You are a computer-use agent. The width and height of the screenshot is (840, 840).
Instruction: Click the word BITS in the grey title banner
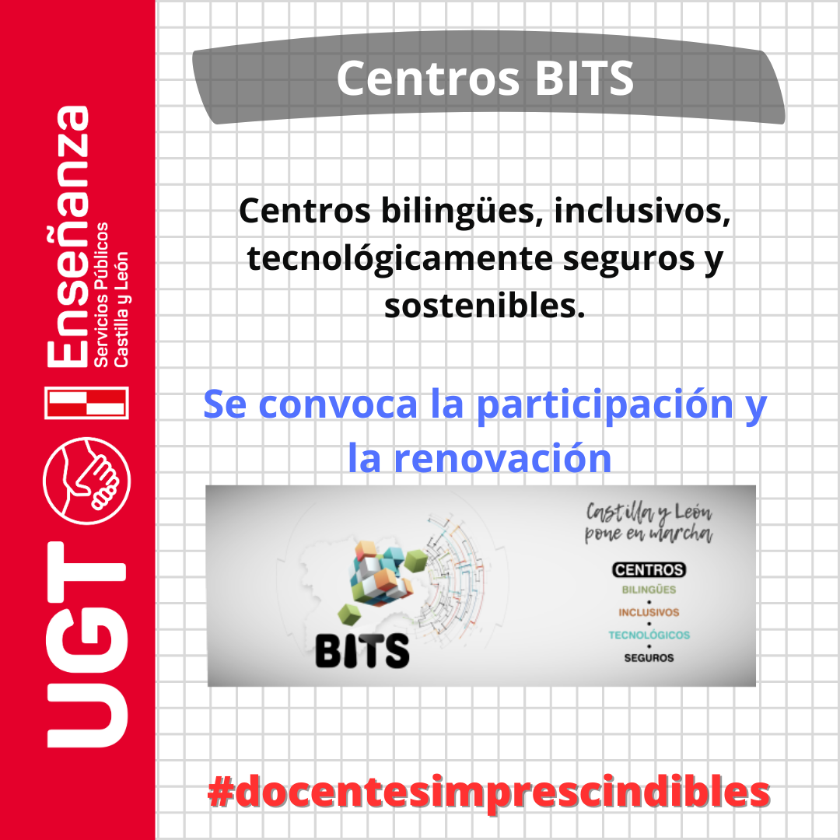click(584, 79)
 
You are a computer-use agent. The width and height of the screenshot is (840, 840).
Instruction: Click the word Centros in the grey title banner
click(429, 79)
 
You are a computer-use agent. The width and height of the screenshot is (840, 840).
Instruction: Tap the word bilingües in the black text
click(458, 212)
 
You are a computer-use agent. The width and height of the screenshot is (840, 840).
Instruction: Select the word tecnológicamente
click(399, 260)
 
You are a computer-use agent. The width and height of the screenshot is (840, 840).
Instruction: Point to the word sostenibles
click(485, 306)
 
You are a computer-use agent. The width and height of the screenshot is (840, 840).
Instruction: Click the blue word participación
click(605, 406)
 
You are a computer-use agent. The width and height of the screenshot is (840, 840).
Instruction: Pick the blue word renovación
click(503, 458)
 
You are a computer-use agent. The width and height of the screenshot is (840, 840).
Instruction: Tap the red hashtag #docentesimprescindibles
click(488, 792)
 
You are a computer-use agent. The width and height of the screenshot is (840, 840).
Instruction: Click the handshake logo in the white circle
click(86, 481)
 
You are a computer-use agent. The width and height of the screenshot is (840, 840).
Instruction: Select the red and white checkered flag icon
click(86, 402)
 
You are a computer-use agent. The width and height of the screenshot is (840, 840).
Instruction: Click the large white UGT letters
click(86, 645)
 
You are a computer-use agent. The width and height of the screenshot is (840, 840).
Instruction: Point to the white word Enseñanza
click(68, 236)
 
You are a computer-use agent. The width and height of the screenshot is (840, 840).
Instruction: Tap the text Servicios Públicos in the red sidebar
click(100, 295)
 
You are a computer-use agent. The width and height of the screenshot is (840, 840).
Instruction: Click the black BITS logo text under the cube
click(362, 651)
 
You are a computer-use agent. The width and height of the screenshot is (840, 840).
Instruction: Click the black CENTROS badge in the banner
click(649, 569)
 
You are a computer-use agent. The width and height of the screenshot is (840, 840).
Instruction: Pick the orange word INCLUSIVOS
click(649, 612)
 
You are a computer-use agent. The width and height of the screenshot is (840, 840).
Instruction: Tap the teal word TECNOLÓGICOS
click(649, 635)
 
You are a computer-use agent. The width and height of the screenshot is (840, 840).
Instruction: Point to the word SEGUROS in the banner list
click(649, 658)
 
